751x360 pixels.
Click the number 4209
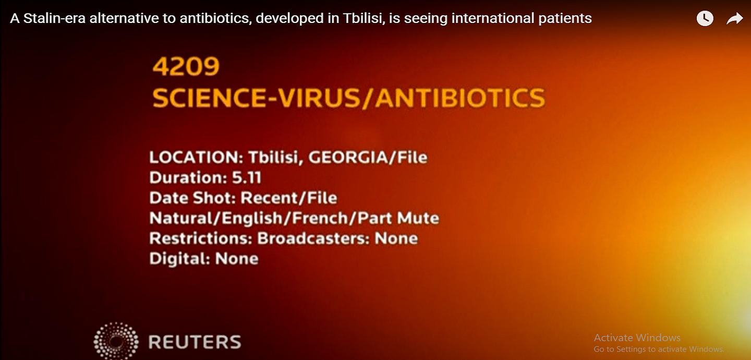pos(186,67)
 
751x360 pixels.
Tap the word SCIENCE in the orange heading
pos(208,98)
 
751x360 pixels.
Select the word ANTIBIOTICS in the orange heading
pos(461,98)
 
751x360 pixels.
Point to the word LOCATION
pos(196,157)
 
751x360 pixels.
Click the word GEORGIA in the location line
pos(346,157)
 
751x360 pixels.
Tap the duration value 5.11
pos(247,178)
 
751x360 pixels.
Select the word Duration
pos(188,178)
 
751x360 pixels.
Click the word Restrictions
pos(201,238)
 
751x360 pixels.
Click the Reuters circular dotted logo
pos(116,342)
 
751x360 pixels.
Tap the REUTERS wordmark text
pos(195,342)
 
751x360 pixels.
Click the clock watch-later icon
pos(705,19)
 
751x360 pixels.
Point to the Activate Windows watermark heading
pos(637,338)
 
